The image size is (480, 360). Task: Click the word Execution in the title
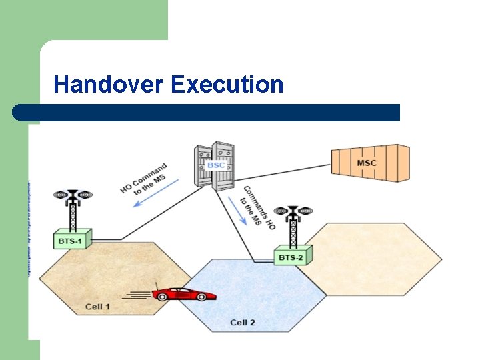point(227,85)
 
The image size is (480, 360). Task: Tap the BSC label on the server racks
point(215,165)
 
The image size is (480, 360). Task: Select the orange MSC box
point(371,163)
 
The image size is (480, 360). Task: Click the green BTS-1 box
point(72,239)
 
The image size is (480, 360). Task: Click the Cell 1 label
point(98,307)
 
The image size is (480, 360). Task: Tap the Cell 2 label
point(243,323)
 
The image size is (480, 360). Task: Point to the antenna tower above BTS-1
point(73,207)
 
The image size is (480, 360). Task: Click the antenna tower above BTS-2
point(293,224)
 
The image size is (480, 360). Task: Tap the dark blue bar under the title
point(207,112)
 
